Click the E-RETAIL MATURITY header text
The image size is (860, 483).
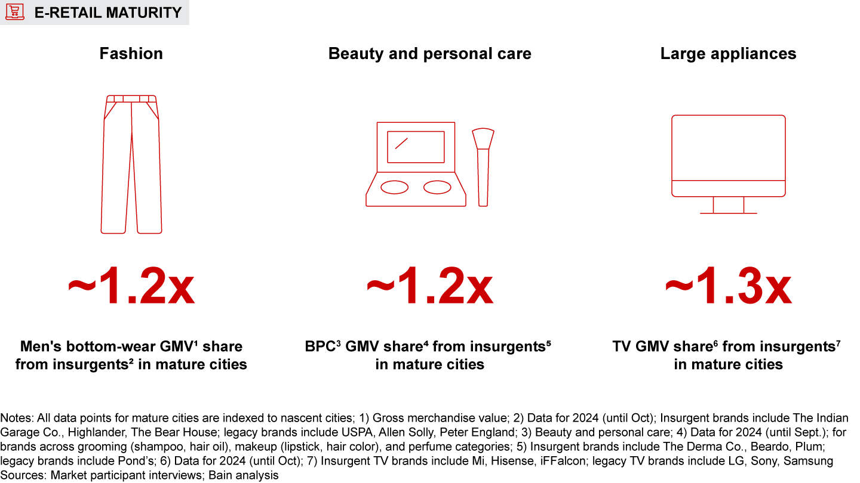coord(108,13)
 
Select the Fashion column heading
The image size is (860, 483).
coord(131,54)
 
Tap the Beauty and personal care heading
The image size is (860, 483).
coord(430,54)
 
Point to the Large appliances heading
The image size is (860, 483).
coord(728,54)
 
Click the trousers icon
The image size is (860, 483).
coord(131,164)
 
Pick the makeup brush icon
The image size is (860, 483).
coord(483,167)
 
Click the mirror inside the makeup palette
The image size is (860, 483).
coord(416,147)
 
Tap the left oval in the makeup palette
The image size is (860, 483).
coord(395,187)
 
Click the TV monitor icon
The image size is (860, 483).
coord(728,155)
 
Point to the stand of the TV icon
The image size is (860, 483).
coord(728,205)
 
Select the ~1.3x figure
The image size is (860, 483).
coord(728,288)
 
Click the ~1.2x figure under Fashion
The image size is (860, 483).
coord(131,288)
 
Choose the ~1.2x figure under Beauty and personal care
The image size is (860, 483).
coord(430,288)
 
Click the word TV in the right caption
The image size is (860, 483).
coord(623,346)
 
